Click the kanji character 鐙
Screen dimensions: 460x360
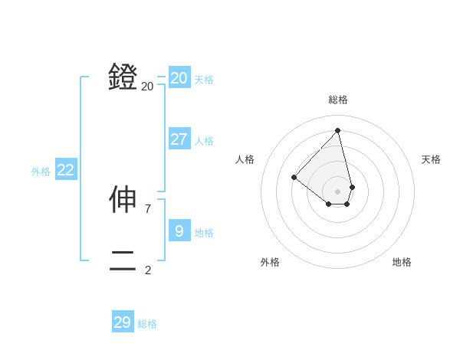click(x=123, y=77)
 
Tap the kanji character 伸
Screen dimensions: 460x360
click(x=123, y=199)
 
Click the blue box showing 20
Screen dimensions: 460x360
click(x=179, y=78)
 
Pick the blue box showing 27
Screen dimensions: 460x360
click(x=179, y=139)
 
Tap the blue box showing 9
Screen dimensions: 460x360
click(x=179, y=231)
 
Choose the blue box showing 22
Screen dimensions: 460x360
click(x=66, y=170)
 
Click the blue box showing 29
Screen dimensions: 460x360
click(x=123, y=322)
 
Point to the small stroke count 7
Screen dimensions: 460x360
click(x=148, y=208)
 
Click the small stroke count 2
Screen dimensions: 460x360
click(x=148, y=270)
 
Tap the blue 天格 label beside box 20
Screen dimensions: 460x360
click(x=204, y=80)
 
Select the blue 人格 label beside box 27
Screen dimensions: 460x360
click(x=204, y=141)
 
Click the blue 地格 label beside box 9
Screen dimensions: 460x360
click(x=204, y=232)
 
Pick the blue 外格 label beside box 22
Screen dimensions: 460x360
click(x=41, y=172)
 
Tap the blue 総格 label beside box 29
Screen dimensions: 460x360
click(x=147, y=324)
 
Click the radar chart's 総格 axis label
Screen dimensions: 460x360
click(x=338, y=100)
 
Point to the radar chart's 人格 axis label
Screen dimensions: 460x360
click(x=245, y=159)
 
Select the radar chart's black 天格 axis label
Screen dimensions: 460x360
click(x=431, y=159)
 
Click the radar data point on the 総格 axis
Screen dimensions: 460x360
click(x=338, y=130)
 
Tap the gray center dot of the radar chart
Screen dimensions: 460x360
click(x=338, y=191)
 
